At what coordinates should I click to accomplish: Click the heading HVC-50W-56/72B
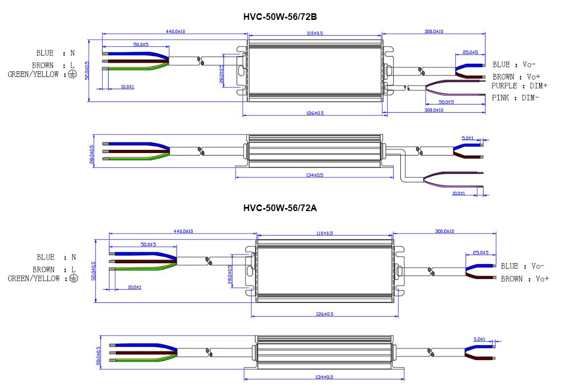point(280,17)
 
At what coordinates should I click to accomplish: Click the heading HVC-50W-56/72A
point(280,208)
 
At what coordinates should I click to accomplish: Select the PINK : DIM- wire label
point(516,97)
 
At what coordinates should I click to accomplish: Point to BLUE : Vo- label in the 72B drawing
point(514,65)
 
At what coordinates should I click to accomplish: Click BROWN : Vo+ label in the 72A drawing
point(525,279)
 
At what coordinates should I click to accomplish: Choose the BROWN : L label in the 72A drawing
point(54,269)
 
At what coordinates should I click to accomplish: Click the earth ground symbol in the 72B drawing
point(72,74)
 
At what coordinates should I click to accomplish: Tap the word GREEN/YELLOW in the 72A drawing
point(34,278)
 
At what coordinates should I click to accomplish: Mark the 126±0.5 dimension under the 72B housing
point(315,113)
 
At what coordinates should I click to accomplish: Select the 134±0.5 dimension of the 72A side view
point(324,377)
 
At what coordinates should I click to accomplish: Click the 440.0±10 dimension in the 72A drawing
point(182,232)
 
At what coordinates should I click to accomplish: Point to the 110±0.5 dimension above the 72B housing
point(315,33)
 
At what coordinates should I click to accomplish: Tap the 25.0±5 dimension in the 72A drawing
point(480,252)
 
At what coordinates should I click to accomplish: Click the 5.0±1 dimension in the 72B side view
point(467,138)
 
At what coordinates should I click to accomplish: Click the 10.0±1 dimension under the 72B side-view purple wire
point(459,193)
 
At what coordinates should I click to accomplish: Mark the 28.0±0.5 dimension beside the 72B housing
point(221,74)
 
